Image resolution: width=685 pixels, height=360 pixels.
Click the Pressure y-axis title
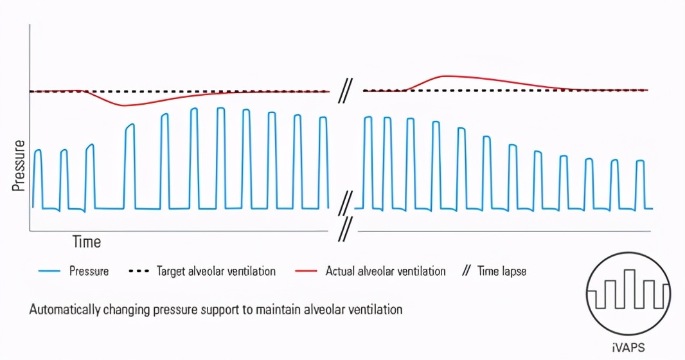[x=18, y=165]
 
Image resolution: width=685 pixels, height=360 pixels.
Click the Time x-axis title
[x=86, y=242]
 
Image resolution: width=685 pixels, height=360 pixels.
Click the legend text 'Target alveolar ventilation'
[x=216, y=271]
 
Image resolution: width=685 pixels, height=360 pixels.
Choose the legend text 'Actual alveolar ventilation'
[x=386, y=271]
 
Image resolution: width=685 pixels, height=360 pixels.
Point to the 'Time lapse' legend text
[x=501, y=271]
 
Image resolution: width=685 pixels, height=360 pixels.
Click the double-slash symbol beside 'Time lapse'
[x=467, y=271]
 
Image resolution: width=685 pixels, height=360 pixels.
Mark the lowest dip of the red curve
[x=123, y=105]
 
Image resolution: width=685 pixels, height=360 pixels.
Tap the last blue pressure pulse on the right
[x=640, y=183]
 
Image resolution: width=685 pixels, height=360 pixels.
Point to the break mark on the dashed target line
[x=346, y=92]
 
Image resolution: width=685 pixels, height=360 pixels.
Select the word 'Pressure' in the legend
[x=89, y=271]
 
